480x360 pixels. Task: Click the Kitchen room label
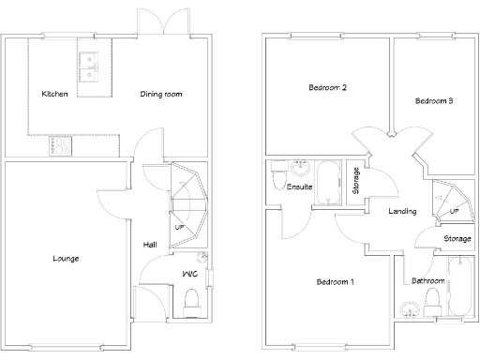tap(54, 94)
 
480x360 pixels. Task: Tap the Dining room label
tap(160, 94)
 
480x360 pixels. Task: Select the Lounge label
tap(66, 258)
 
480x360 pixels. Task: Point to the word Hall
tap(150, 245)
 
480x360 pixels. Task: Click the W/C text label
tap(187, 274)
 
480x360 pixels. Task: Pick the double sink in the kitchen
tap(92, 67)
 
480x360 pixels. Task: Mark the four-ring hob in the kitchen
tap(61, 146)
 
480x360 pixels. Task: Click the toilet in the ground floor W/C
tap(192, 300)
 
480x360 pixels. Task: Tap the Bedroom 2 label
tap(328, 88)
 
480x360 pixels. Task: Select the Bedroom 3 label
tap(434, 100)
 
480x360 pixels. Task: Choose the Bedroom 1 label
tap(335, 281)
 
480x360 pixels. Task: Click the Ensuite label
tap(300, 187)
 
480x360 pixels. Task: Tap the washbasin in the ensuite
tap(301, 169)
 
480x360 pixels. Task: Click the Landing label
tap(402, 211)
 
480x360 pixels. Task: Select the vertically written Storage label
tap(355, 180)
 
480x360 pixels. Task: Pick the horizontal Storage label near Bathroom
tap(457, 239)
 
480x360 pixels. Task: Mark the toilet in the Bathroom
tap(433, 300)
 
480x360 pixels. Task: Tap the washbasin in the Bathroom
tap(409, 309)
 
